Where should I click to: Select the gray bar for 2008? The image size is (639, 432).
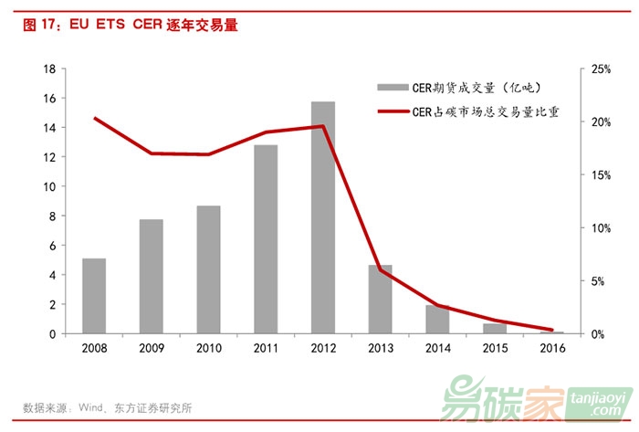click(x=94, y=296)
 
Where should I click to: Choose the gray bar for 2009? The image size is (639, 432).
click(x=152, y=277)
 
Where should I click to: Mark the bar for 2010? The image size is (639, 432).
click(x=208, y=269)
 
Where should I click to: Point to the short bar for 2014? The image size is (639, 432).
click(x=438, y=320)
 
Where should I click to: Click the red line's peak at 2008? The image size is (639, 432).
click(x=94, y=118)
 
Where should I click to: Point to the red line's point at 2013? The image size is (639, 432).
click(x=381, y=269)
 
